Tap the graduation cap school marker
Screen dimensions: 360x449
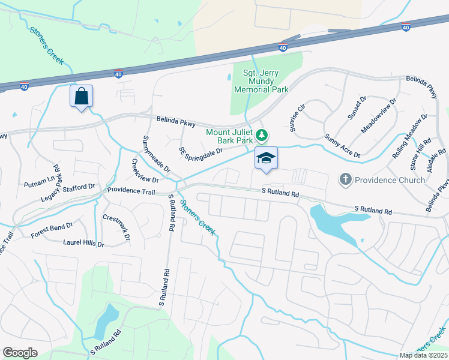tap(266, 158)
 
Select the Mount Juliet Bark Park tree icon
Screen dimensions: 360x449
tap(261, 134)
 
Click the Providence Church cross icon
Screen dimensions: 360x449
tap(345, 179)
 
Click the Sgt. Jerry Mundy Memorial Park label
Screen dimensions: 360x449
tap(261, 81)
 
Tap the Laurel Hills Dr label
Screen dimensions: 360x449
tap(83, 243)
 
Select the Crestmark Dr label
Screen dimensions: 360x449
tap(116, 227)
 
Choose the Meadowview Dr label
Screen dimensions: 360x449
tap(379, 116)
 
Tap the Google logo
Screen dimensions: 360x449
tap(20, 353)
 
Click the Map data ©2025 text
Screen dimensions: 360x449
tap(423, 355)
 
